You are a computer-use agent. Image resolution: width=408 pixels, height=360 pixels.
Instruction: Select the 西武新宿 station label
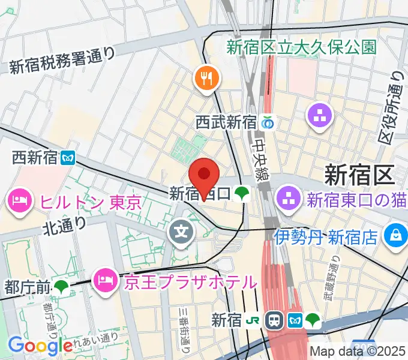226,122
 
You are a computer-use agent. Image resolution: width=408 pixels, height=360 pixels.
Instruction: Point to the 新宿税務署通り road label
62,61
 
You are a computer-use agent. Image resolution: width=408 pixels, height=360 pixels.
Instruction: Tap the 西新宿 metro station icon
67,157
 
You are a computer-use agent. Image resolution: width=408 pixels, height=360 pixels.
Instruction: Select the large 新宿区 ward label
358,175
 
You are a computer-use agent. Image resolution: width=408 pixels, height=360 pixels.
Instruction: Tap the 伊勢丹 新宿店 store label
326,236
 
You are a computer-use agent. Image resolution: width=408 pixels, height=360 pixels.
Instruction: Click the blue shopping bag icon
396,234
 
